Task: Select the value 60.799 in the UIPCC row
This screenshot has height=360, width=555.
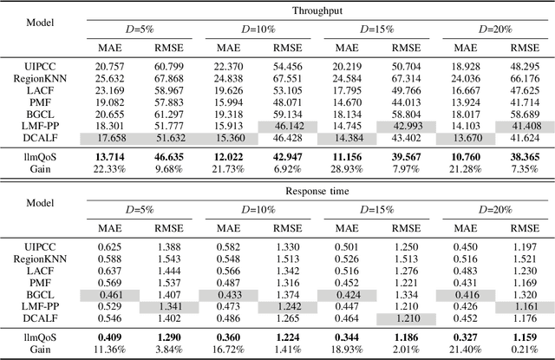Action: coord(168,66)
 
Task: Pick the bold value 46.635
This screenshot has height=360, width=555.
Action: coord(168,158)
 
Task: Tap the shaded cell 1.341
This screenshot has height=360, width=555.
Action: coord(168,307)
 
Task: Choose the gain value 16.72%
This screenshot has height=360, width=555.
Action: coord(227,350)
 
